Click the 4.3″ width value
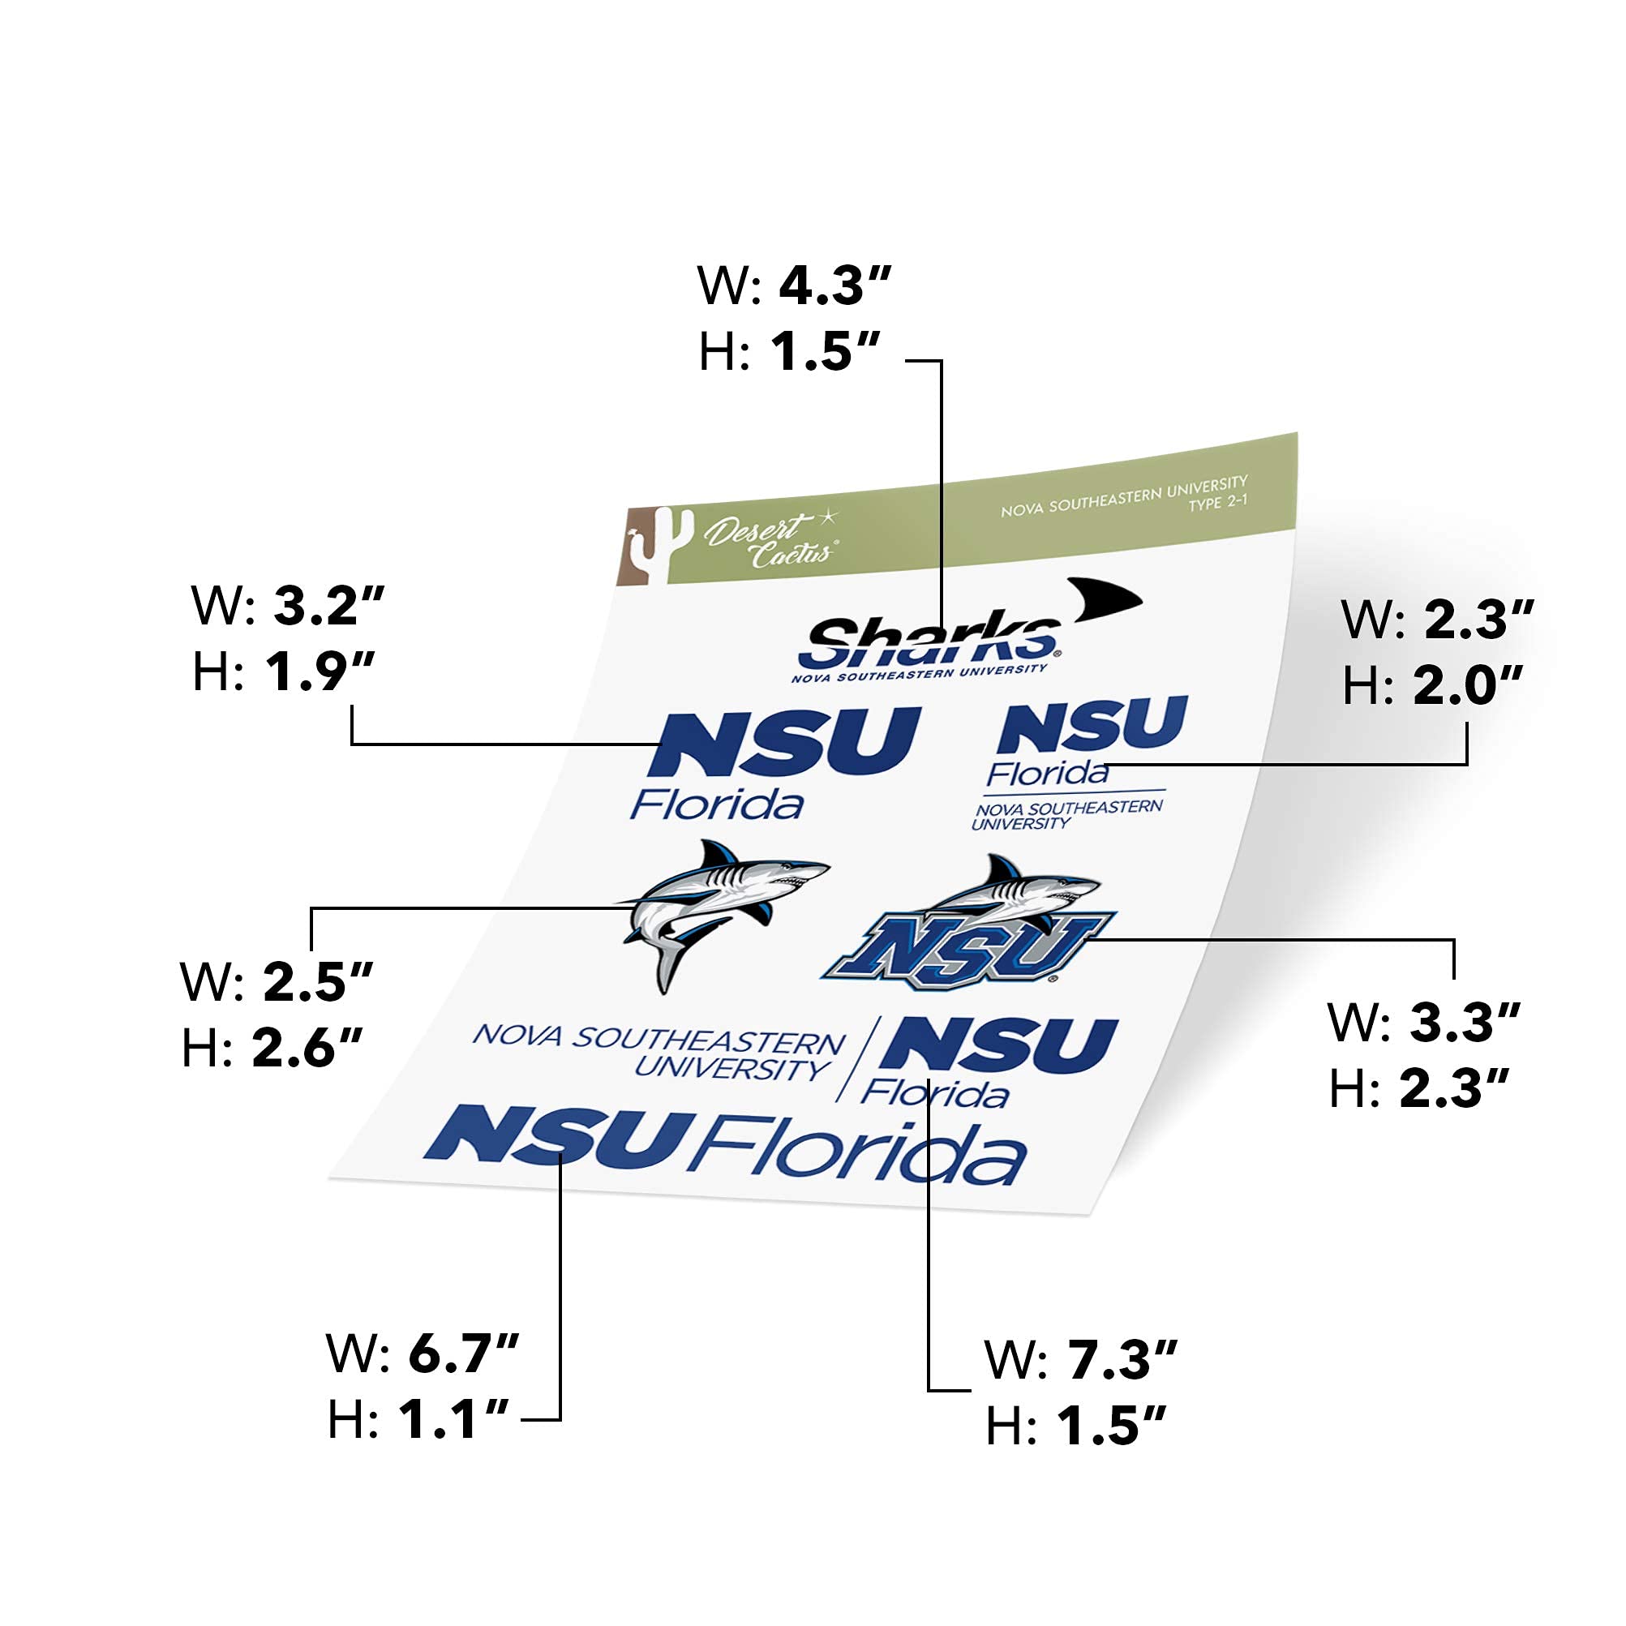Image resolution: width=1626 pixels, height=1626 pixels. coord(834,285)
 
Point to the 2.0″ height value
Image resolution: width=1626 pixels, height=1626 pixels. coord(1468,685)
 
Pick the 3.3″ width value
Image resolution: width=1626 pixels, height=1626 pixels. coord(1465,1022)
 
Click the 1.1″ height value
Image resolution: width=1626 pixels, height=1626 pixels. coord(453,1419)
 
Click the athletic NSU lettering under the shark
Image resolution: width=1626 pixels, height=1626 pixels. coord(967,950)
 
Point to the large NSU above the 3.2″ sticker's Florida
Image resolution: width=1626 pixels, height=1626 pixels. coord(783,742)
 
